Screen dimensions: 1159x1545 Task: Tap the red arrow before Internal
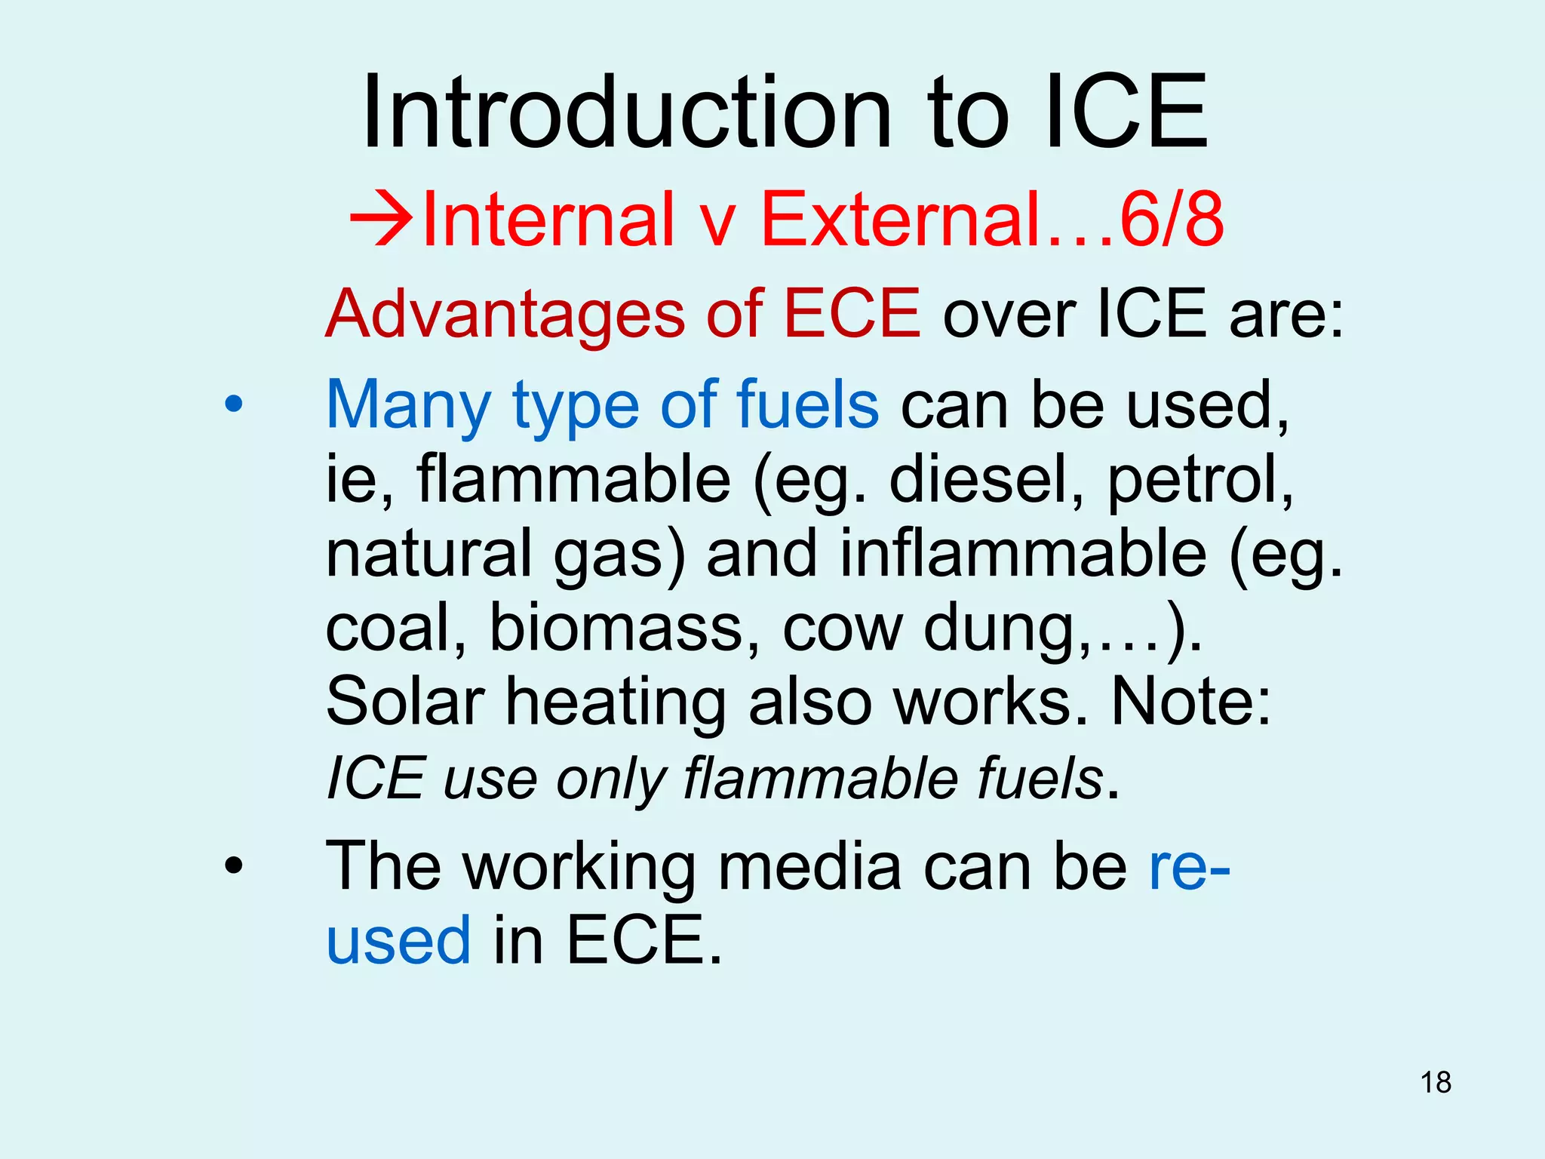(382, 219)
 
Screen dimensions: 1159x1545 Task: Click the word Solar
(405, 701)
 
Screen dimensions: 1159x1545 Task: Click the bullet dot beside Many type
(234, 404)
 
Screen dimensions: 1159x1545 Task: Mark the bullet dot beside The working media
(234, 865)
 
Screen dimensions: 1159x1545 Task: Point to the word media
(809, 866)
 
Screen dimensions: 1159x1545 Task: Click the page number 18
(1436, 1082)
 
